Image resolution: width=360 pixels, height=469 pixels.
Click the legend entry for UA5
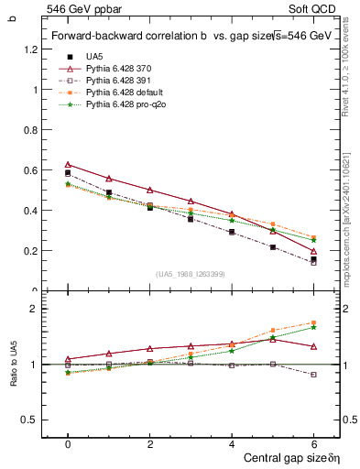pos(94,57)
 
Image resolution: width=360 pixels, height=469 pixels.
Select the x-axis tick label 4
pos(232,443)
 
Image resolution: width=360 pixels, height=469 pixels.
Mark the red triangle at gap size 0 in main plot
pos(68,164)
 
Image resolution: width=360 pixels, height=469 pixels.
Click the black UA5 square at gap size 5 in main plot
pos(273,247)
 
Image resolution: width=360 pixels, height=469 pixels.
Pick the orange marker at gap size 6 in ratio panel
pos(314,322)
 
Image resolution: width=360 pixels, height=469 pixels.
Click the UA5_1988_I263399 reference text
pos(191,274)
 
